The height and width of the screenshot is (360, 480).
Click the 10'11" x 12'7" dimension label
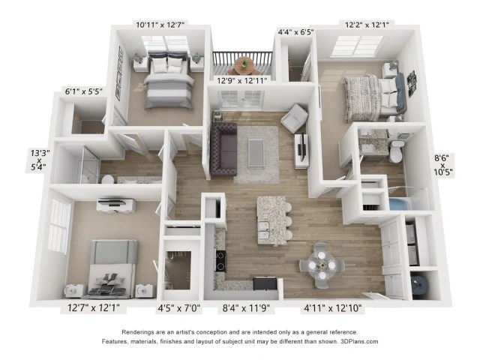[160, 25]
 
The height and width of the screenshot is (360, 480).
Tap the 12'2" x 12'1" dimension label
[367, 25]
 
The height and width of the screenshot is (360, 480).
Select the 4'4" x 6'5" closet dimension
[296, 31]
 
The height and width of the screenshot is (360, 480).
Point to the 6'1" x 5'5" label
[83, 91]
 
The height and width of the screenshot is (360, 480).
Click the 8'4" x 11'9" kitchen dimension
[246, 308]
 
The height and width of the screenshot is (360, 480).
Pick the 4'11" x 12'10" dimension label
[333, 308]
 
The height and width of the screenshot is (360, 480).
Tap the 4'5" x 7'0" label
[179, 308]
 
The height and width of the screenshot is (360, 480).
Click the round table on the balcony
[244, 65]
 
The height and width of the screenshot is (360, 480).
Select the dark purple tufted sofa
[224, 149]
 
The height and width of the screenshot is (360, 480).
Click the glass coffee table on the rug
[256, 152]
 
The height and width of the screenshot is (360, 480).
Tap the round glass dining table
[322, 265]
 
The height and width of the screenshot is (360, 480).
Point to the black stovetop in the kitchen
[220, 261]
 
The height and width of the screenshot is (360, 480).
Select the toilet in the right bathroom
[397, 151]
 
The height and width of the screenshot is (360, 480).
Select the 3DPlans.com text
[359, 341]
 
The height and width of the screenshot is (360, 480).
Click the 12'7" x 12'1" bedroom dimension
[94, 308]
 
